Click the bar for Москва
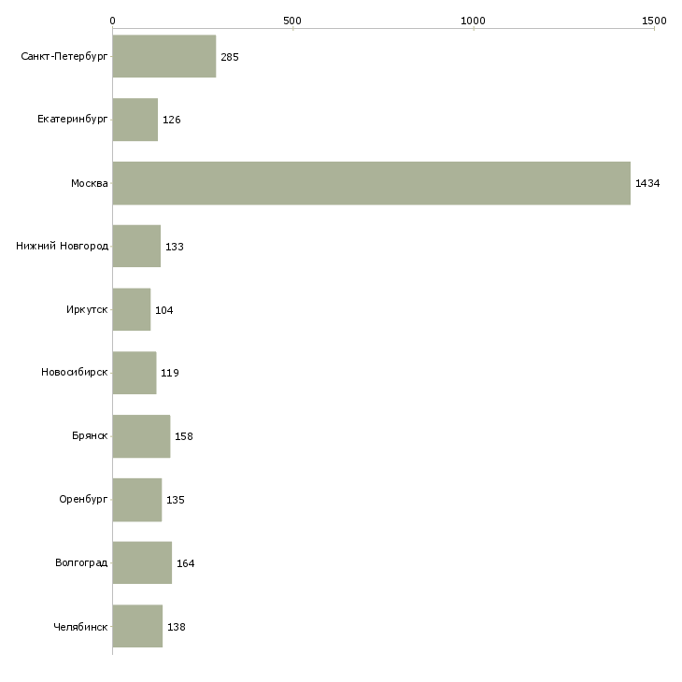click(371, 183)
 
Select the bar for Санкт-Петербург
click(164, 57)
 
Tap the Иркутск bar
click(132, 309)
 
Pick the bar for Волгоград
click(142, 562)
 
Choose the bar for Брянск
click(141, 436)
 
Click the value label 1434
click(647, 184)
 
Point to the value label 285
click(230, 58)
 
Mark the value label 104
click(164, 310)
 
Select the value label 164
click(186, 563)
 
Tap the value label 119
click(169, 374)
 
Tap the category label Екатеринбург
click(73, 121)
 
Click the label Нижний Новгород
click(63, 247)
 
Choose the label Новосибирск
click(75, 373)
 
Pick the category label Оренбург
click(83, 499)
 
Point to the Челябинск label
click(80, 626)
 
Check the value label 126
click(172, 121)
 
